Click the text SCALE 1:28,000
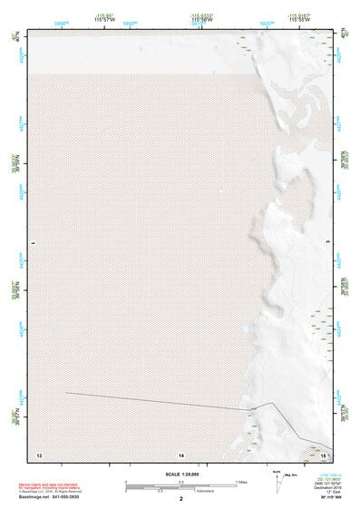(x=180, y=474)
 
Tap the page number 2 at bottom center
(x=180, y=498)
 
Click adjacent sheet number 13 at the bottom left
(x=38, y=453)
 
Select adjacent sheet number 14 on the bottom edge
(x=180, y=453)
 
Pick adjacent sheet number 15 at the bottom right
(x=321, y=453)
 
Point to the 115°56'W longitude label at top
(x=201, y=21)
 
